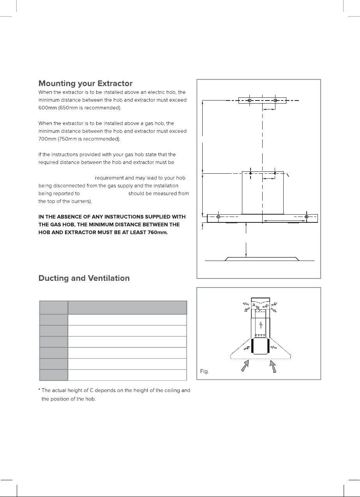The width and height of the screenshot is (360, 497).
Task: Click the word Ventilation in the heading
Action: click(x=110, y=278)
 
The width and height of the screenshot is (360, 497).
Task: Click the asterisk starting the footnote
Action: click(x=40, y=391)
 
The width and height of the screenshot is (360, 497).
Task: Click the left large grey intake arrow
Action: click(x=245, y=366)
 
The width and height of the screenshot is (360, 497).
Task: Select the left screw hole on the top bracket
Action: click(x=249, y=100)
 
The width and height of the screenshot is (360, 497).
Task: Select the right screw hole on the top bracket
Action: click(x=275, y=100)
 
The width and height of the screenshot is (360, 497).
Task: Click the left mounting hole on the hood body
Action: click(x=218, y=217)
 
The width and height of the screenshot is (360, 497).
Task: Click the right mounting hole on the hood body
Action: click(x=307, y=217)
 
